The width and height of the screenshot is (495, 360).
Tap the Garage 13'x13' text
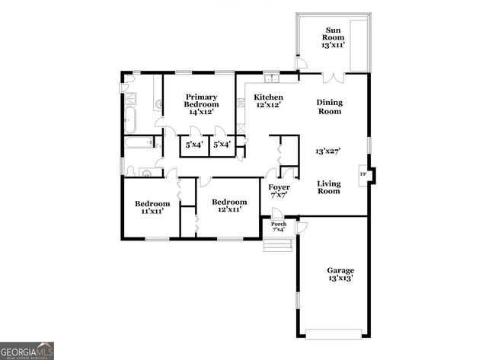[x=340, y=275]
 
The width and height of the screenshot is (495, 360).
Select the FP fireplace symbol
[x=362, y=174]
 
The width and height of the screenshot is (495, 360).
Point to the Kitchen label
[x=268, y=102]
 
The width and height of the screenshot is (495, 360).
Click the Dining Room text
[x=329, y=107]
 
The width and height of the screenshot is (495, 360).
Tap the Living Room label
[x=328, y=187]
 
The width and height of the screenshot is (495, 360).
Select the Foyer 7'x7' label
[x=279, y=191]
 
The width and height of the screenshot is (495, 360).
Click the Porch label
[x=279, y=227]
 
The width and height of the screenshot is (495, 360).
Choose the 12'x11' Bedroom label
[x=229, y=205]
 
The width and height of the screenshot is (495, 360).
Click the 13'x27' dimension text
[x=328, y=151]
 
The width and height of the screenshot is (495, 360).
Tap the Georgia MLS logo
[x=27, y=350]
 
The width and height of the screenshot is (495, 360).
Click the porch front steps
[x=279, y=244]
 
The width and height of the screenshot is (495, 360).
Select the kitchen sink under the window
[x=272, y=77]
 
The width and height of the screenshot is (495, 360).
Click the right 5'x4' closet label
[x=222, y=144]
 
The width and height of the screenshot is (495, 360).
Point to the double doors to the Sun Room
[x=334, y=77]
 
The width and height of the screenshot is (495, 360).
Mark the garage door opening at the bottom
[x=333, y=333]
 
